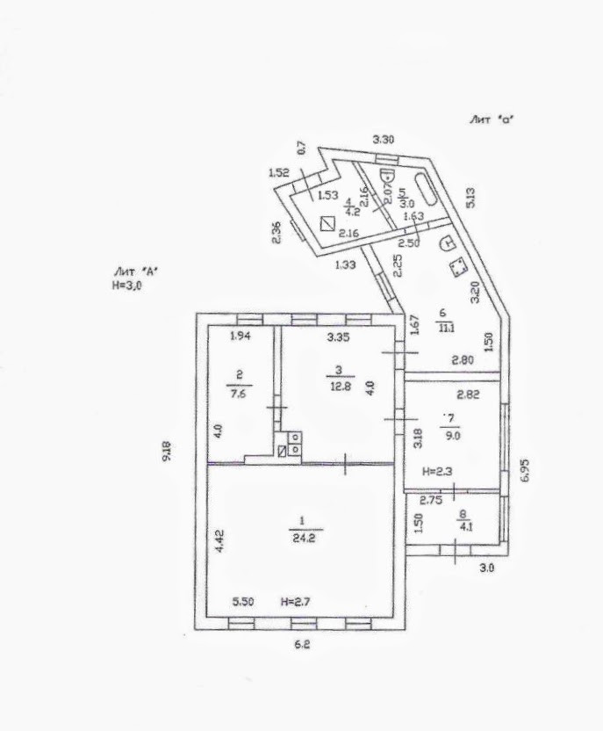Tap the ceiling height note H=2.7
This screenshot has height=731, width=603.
pos(297,602)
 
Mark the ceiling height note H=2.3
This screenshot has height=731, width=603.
pos(436,472)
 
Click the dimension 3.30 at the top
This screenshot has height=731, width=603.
pos(384,140)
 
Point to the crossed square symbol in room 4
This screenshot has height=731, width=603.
pos(327,223)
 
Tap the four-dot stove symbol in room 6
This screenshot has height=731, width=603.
pos(456,268)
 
